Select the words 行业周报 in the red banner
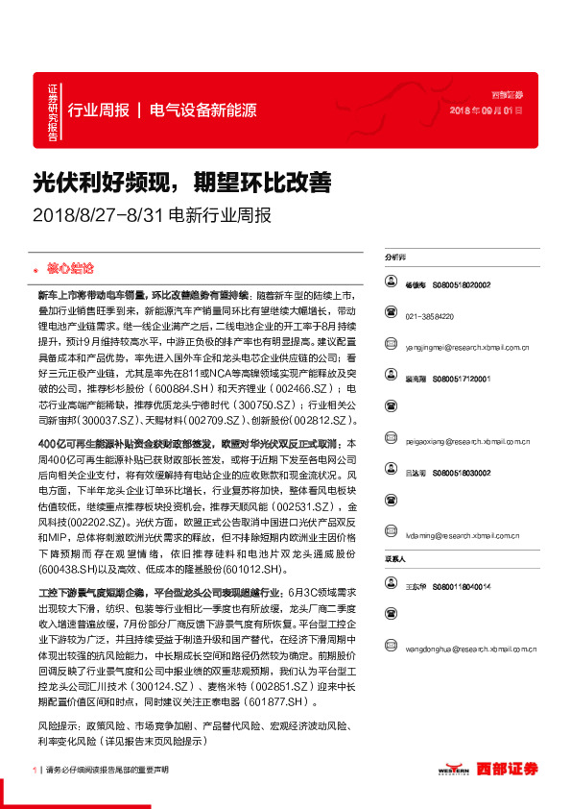point(98,110)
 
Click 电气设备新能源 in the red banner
point(203,110)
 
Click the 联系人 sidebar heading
point(394,558)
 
